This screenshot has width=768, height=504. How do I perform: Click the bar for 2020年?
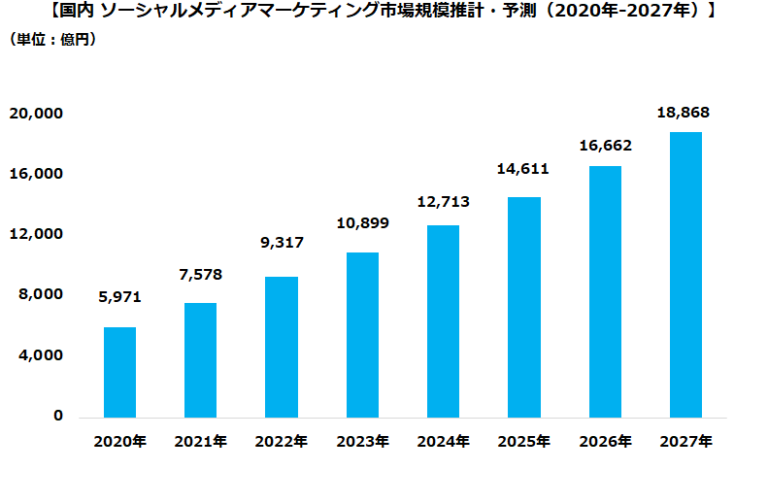(119, 372)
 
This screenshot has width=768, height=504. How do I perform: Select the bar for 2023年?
(362, 335)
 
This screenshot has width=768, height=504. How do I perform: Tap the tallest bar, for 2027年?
(685, 275)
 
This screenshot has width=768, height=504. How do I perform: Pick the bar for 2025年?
(524, 307)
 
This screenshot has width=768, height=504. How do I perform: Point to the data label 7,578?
(200, 275)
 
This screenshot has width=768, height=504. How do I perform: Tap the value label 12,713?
(443, 202)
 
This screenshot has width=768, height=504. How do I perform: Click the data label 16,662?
(605, 146)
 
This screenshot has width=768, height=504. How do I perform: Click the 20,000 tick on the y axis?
(36, 114)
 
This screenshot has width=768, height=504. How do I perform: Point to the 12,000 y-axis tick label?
(36, 234)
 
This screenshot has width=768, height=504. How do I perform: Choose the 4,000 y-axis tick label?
(40, 355)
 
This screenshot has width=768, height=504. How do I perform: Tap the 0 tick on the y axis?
(58, 416)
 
